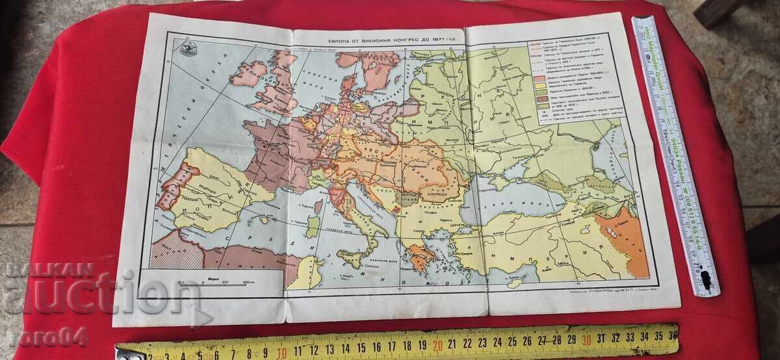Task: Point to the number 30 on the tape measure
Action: (x=587, y=340)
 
